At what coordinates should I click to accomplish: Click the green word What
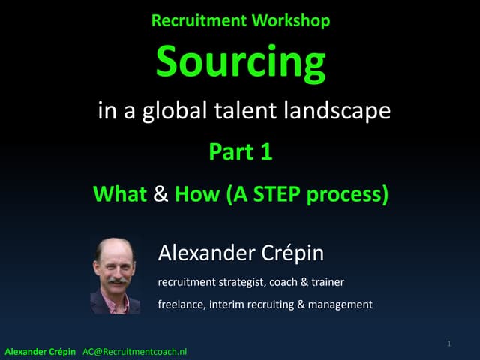coord(119,195)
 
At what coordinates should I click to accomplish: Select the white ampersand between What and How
coord(160,195)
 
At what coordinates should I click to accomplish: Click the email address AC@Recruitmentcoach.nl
coord(134,351)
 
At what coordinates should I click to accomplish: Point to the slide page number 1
coord(448,343)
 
